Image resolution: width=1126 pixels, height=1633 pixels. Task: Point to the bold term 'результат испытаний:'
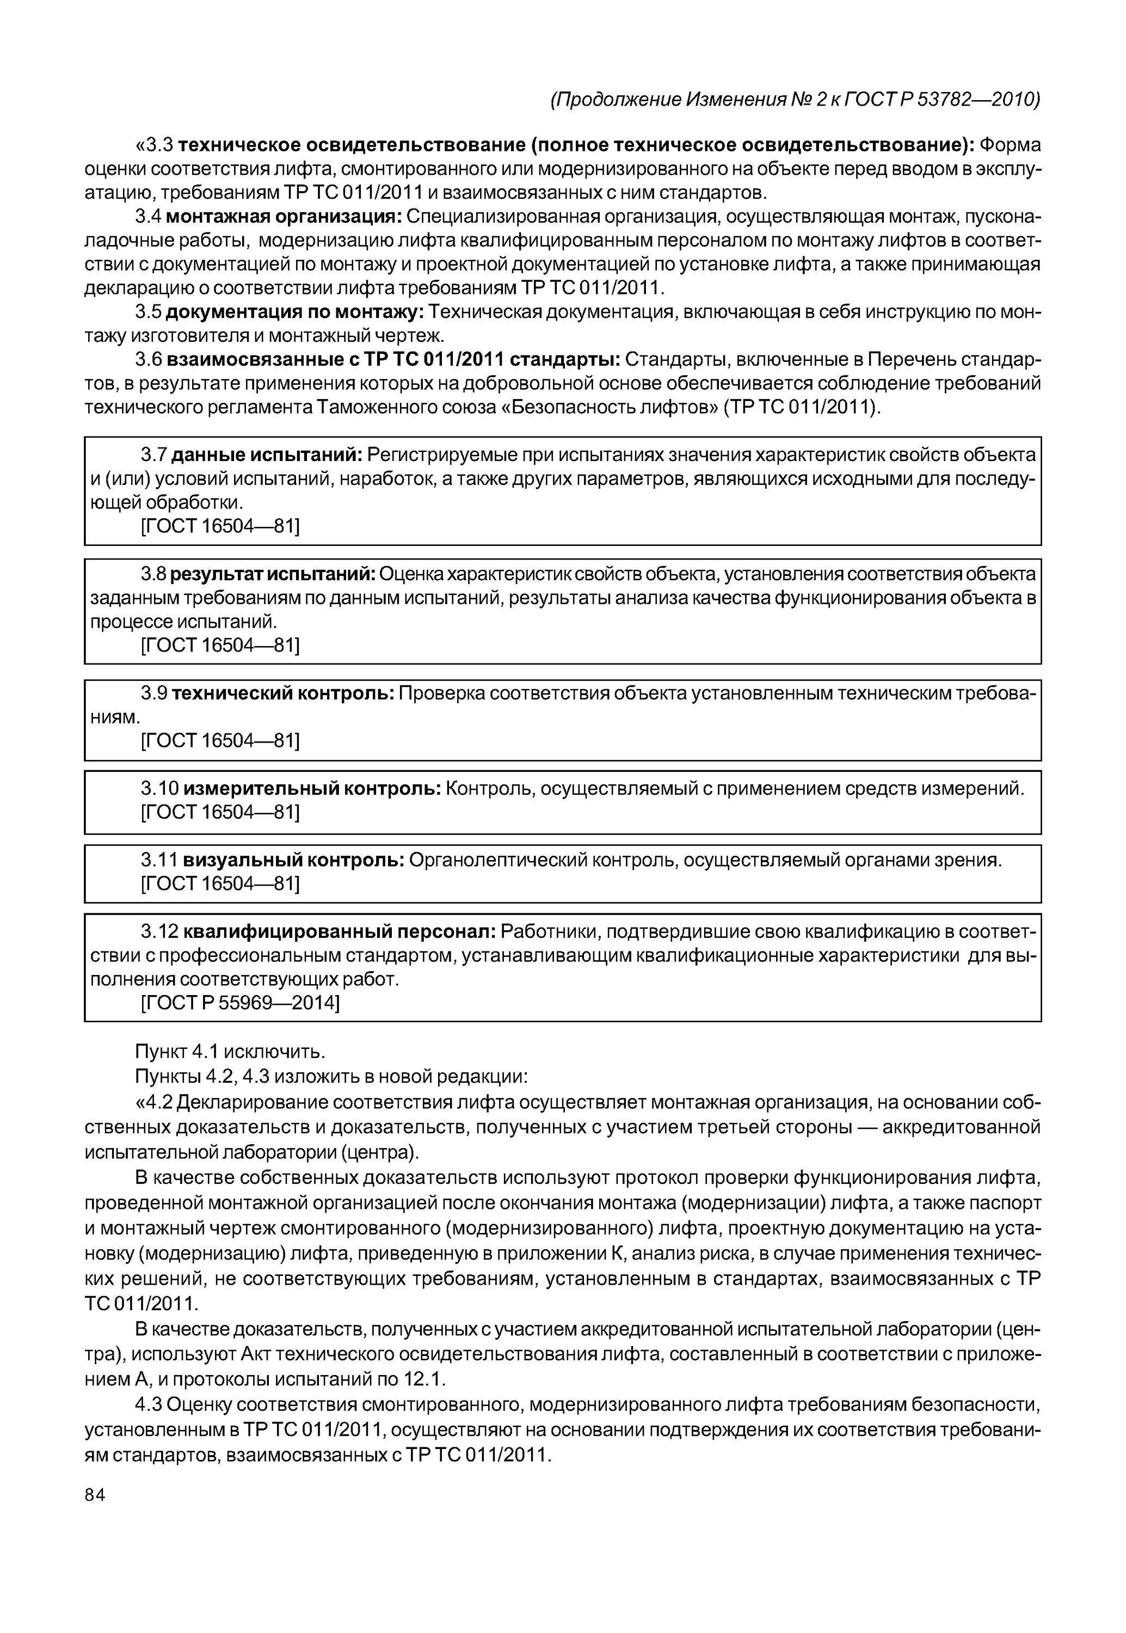272,574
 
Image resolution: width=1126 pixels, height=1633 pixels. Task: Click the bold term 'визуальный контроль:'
293,860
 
